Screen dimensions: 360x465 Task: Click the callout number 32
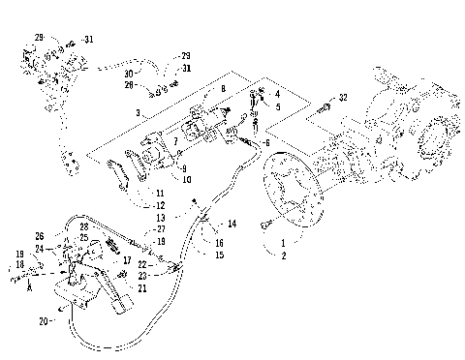(343, 98)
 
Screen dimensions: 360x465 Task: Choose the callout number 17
(127, 260)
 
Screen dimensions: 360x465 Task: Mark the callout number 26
(39, 235)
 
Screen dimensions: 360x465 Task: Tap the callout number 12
(160, 206)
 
